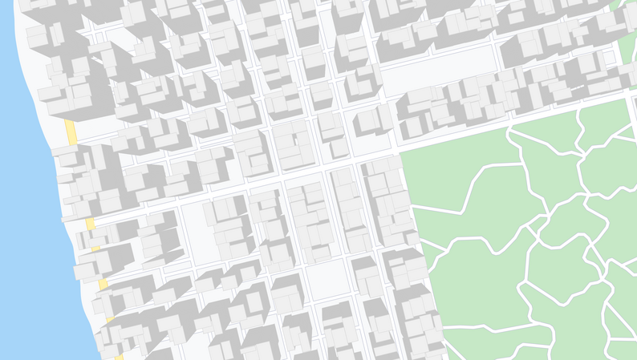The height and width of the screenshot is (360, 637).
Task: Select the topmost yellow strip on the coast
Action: click(x=71, y=132)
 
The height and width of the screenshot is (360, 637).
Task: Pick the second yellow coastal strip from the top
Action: click(x=90, y=223)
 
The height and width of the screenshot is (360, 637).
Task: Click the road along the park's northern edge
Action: click(x=513, y=120)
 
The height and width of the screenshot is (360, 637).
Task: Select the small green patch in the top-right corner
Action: click(x=626, y=40)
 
